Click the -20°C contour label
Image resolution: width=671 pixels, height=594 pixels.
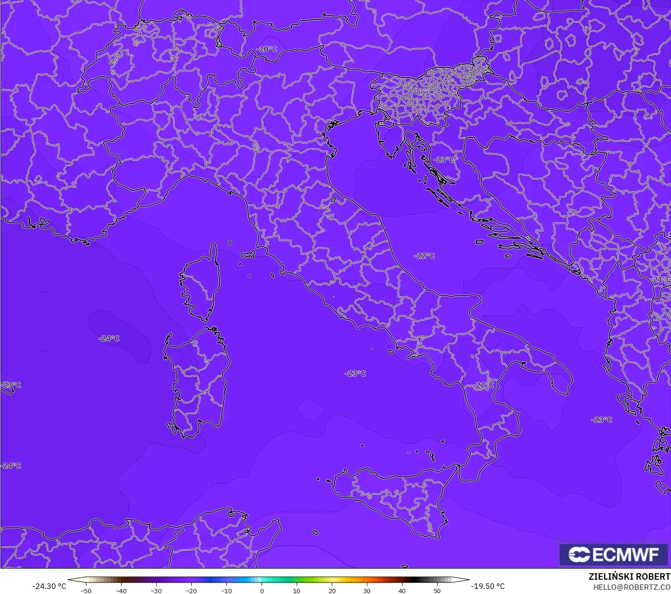[267, 49]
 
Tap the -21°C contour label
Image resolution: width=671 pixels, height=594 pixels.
[661, 280]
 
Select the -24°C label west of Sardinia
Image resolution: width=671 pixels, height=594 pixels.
[109, 338]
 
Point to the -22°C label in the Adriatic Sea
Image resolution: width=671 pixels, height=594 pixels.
[424, 256]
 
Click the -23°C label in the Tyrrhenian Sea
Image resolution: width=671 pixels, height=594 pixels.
[355, 373]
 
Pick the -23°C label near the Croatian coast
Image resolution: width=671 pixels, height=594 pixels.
[444, 160]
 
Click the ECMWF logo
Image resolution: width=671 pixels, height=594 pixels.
[613, 554]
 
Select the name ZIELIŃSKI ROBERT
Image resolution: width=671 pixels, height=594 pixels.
[629, 576]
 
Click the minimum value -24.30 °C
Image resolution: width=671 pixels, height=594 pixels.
[49, 586]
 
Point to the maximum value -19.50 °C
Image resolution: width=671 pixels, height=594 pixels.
[488, 586]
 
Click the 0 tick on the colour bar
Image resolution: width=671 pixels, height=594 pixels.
[262, 590]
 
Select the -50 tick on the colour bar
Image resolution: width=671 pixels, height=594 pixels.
[85, 590]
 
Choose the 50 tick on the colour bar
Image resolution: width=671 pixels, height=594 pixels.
[437, 590]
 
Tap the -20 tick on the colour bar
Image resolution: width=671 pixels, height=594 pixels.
[191, 590]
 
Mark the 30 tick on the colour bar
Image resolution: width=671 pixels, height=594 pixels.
[367, 590]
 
